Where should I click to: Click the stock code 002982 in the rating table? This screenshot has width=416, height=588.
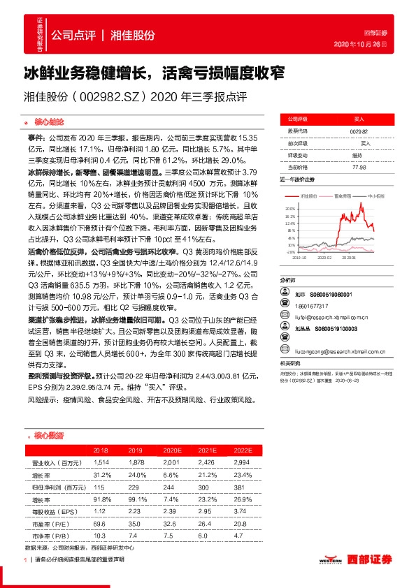[x=358, y=131]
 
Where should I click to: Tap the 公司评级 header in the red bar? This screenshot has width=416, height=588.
[x=299, y=119]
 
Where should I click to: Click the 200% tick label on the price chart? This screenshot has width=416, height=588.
[x=289, y=208]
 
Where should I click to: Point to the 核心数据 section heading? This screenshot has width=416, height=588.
[x=48, y=434]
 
